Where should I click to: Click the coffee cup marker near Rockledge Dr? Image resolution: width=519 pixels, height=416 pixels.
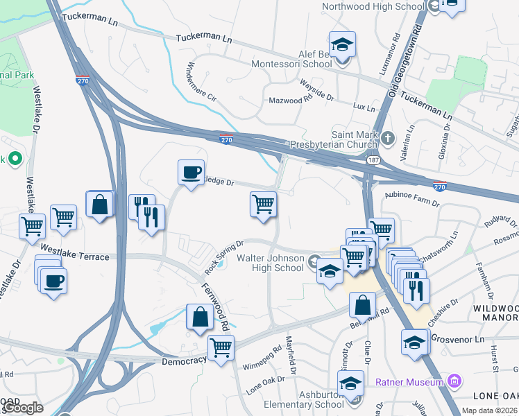(x=191, y=172)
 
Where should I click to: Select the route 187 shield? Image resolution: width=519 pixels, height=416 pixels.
(x=373, y=160)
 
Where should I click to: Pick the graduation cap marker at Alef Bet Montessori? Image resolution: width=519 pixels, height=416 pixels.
(x=341, y=45)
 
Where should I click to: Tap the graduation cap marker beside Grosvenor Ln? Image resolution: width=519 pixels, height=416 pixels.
(x=414, y=342)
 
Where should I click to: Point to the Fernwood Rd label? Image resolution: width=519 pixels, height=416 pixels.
(x=215, y=306)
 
